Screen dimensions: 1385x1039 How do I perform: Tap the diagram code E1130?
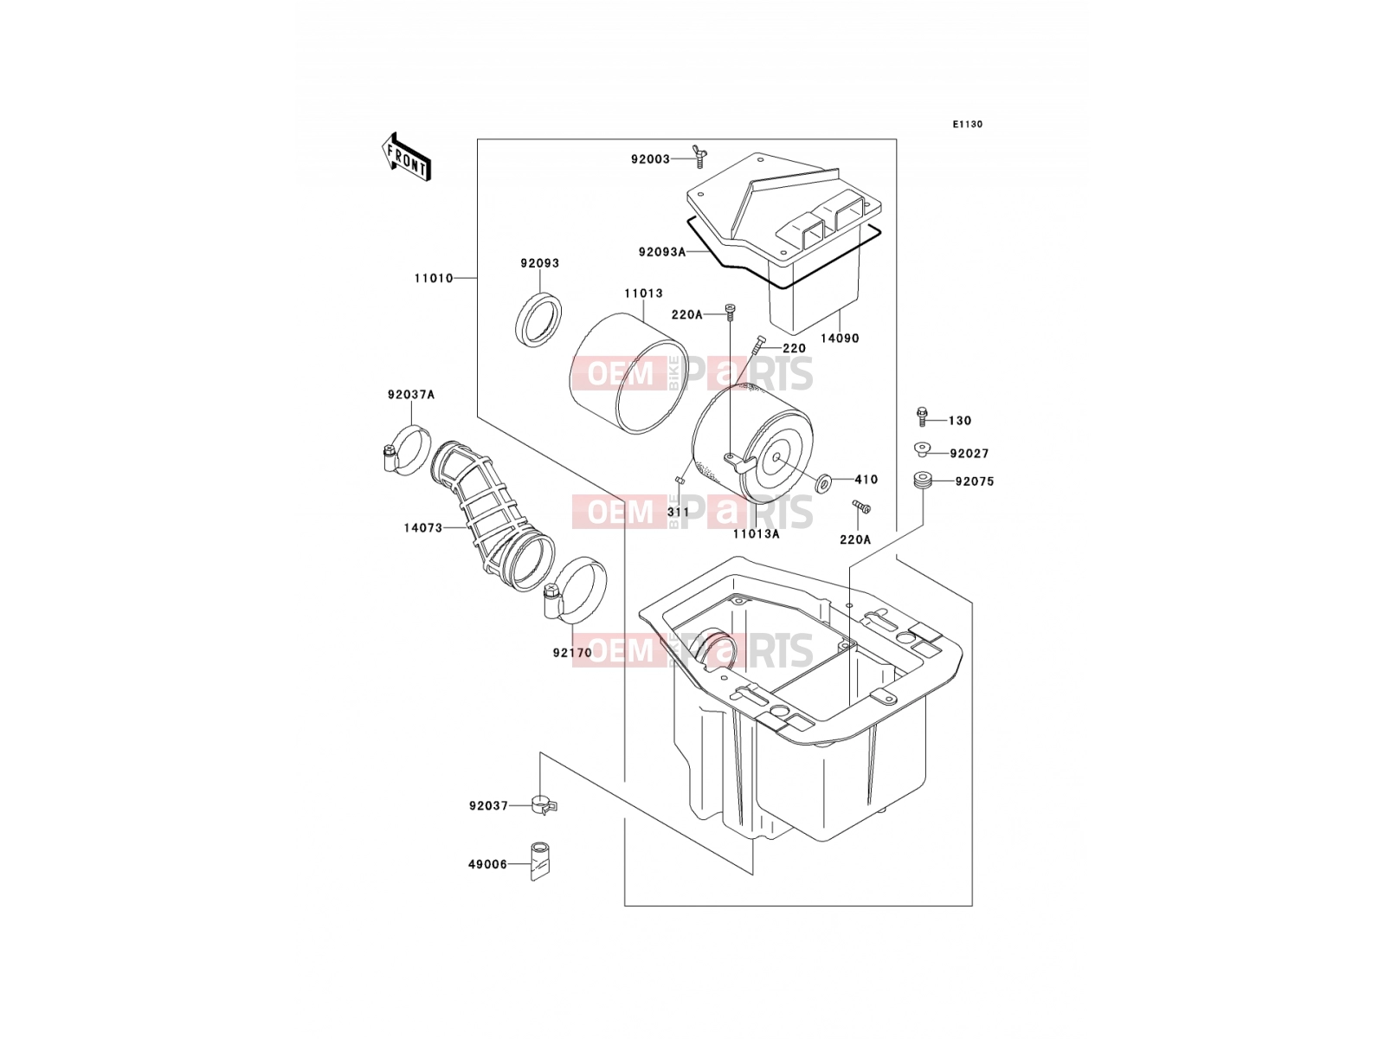tap(967, 125)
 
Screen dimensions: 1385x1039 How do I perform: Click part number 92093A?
tap(662, 252)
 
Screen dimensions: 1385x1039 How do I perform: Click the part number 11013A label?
tap(756, 534)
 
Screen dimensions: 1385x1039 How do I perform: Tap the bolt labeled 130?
tap(922, 416)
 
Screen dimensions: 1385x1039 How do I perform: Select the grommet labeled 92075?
tap(923, 480)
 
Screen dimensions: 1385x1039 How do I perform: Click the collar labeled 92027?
tap(922, 449)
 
